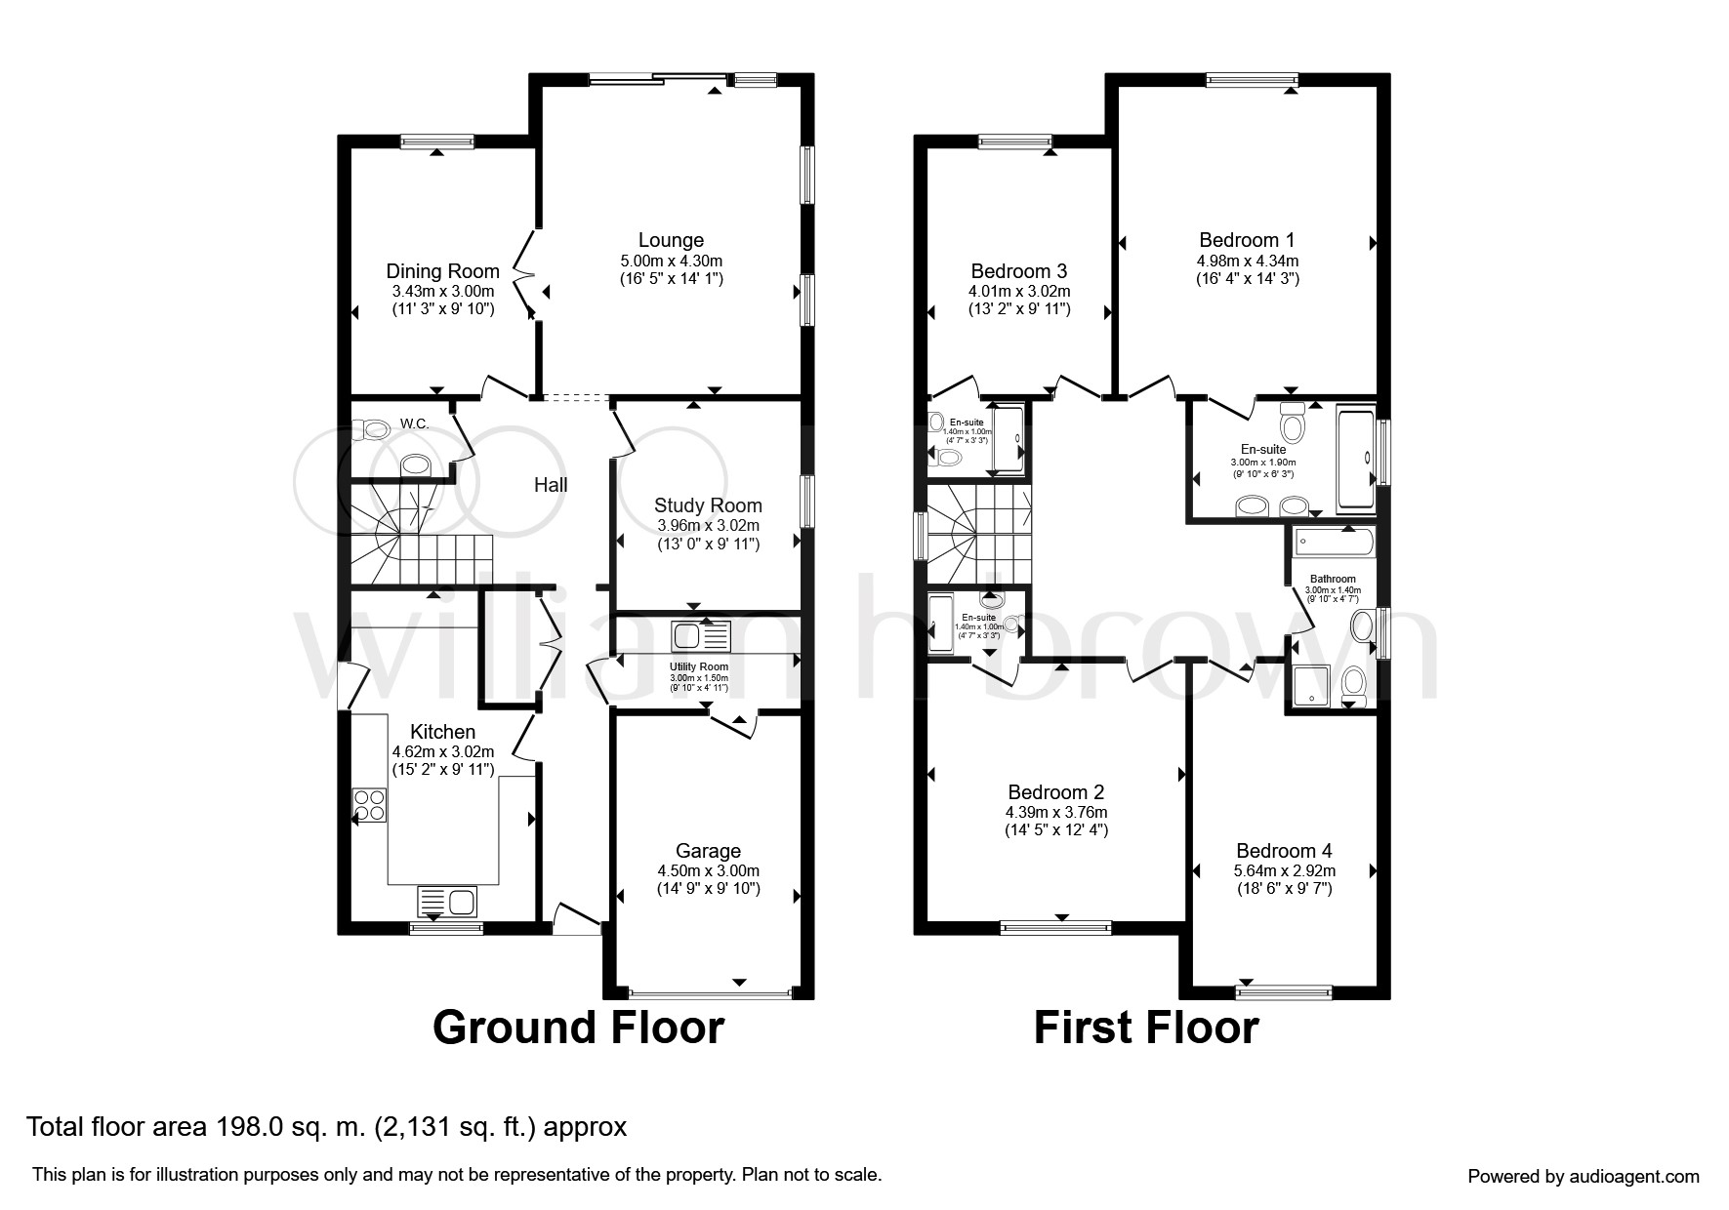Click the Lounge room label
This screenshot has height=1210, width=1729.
(x=671, y=240)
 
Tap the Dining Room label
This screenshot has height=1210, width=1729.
(x=442, y=271)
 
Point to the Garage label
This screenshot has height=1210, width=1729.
(x=708, y=851)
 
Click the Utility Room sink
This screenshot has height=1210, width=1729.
(x=700, y=636)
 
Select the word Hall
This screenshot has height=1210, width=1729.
(x=551, y=485)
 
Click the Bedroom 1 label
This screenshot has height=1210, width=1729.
(x=1247, y=240)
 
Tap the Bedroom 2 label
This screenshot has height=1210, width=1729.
(x=1055, y=792)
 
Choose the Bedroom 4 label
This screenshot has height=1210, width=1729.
(x=1284, y=851)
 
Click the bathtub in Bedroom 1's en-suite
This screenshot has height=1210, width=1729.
(x=1356, y=460)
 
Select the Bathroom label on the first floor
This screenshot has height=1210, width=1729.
(x=1333, y=579)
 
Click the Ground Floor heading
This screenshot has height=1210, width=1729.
(x=578, y=1028)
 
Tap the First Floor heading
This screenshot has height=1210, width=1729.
(x=1145, y=1028)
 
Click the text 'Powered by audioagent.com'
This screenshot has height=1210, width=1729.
(x=1583, y=1176)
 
